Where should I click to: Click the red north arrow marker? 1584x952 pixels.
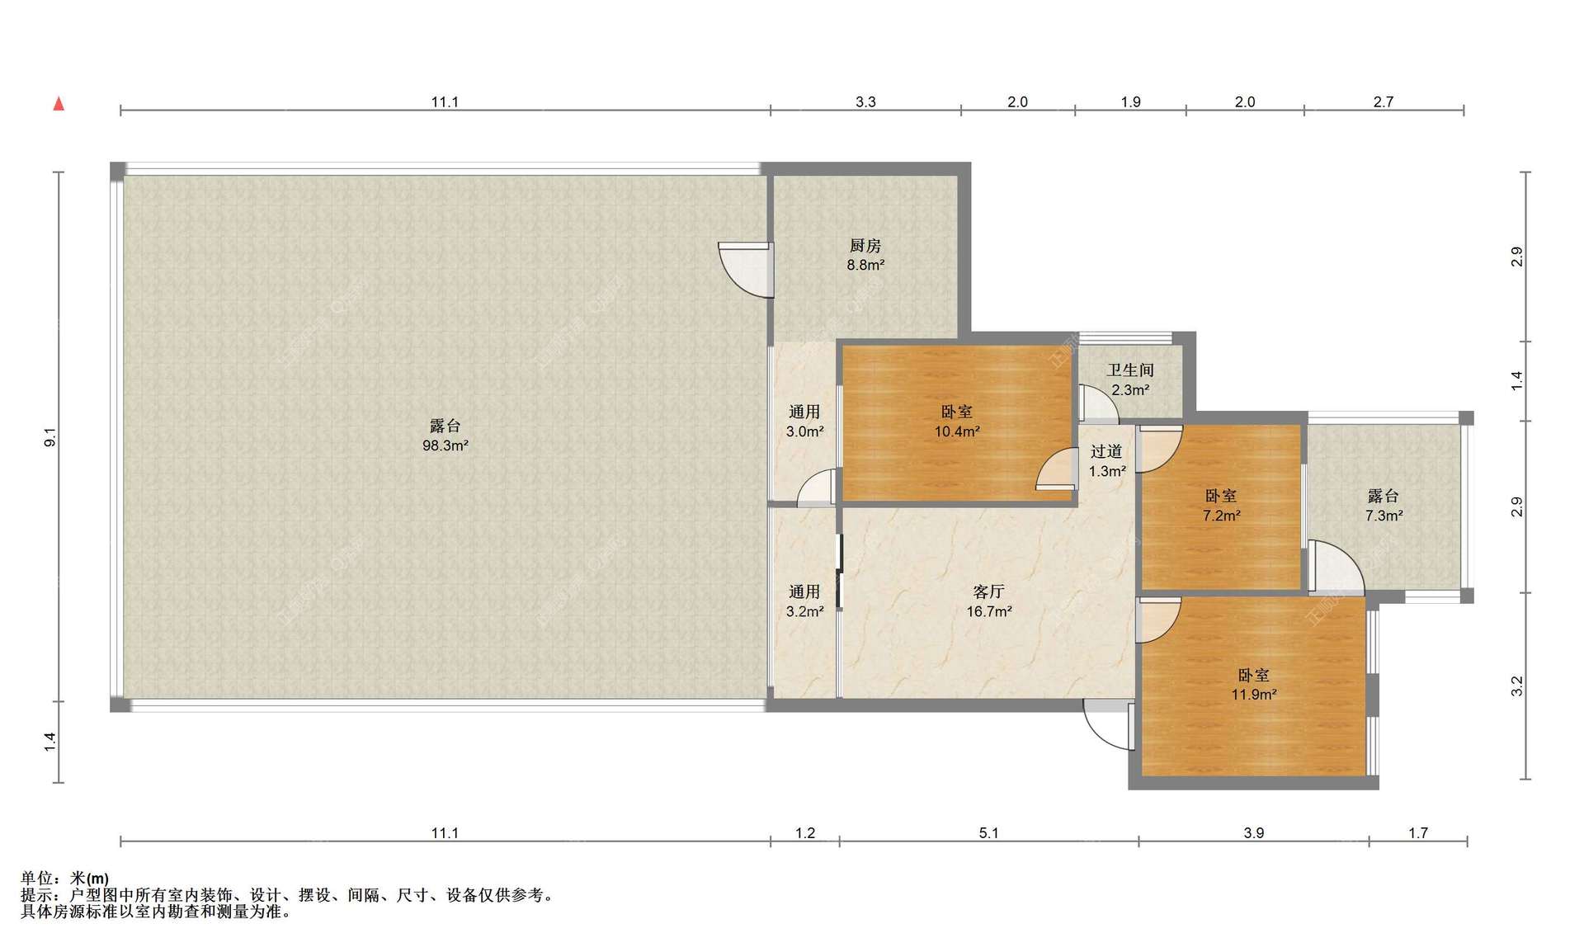(x=59, y=103)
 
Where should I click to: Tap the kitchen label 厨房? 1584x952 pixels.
(x=865, y=245)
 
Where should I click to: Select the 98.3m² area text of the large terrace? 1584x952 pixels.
(x=445, y=445)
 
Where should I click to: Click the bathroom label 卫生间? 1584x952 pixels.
(x=1130, y=370)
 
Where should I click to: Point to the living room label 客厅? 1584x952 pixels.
(x=989, y=591)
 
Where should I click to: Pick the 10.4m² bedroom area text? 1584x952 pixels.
(x=957, y=431)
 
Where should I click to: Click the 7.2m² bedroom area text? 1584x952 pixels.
(x=1221, y=516)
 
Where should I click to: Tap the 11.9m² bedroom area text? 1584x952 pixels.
(x=1254, y=695)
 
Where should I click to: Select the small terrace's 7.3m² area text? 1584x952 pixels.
(x=1384, y=516)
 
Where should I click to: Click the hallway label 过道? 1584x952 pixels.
(x=1106, y=451)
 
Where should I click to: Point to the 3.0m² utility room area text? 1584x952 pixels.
(x=804, y=431)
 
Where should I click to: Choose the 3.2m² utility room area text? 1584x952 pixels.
(x=804, y=611)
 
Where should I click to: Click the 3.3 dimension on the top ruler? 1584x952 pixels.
(x=865, y=102)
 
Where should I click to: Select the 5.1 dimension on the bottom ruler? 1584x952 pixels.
(x=988, y=833)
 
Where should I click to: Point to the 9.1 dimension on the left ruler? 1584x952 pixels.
(x=50, y=437)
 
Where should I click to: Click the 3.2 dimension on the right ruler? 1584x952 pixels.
(x=1516, y=686)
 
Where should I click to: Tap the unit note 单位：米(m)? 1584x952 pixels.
(x=65, y=879)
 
